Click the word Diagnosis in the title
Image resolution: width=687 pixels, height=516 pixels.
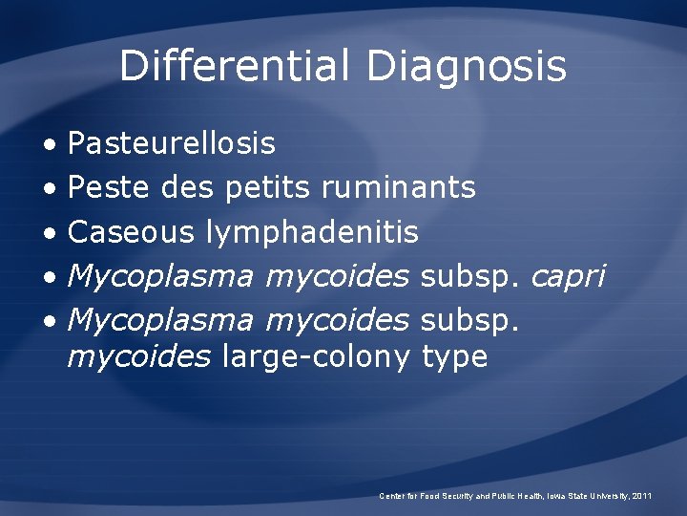click(x=467, y=66)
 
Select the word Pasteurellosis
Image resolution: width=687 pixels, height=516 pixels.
click(x=172, y=143)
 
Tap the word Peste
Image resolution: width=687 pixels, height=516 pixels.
click(x=110, y=187)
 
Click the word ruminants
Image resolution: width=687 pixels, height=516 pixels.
click(x=398, y=187)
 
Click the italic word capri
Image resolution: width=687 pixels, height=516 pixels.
click(x=568, y=276)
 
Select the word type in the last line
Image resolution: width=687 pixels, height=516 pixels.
click(x=454, y=358)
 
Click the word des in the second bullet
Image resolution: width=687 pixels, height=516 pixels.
click(x=188, y=187)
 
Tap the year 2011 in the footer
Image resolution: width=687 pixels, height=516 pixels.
click(x=643, y=496)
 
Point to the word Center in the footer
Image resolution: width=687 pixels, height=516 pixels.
click(x=392, y=496)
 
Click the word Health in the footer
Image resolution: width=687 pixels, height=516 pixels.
click(x=525, y=496)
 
